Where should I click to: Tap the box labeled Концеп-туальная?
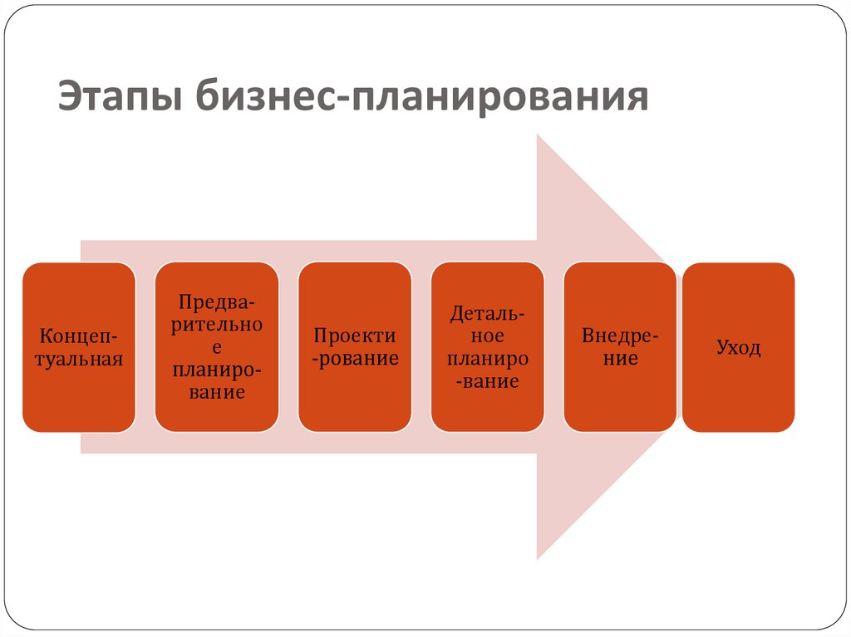coord(79,347)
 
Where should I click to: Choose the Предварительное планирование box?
coord(217,347)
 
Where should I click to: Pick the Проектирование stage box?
coord(355,347)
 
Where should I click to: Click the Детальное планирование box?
coord(488,347)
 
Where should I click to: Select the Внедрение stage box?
coord(620,347)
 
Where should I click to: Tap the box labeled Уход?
coord(738,347)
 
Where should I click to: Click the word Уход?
coord(738,347)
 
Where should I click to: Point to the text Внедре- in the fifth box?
coord(620,336)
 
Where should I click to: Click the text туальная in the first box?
coord(79,359)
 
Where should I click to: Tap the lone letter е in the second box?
coord(217,347)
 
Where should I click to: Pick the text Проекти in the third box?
coord(355,336)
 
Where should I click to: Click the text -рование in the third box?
coord(355,359)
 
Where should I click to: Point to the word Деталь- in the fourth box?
coord(488,314)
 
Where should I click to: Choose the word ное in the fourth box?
coord(488,336)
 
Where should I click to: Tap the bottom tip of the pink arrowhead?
coord(539,557)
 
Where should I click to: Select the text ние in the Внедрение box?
coord(620,359)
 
